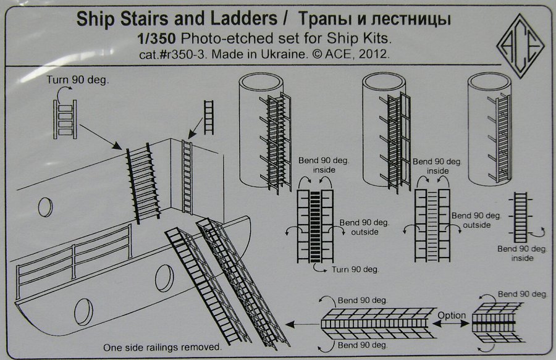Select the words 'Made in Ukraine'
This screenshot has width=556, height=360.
[x=266, y=54]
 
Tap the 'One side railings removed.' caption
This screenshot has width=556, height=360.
[x=162, y=348]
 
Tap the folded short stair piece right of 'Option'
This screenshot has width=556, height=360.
[x=493, y=322]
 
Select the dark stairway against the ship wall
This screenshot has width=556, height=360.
[x=142, y=184]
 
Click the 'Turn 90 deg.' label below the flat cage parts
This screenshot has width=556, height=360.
[x=355, y=270]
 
